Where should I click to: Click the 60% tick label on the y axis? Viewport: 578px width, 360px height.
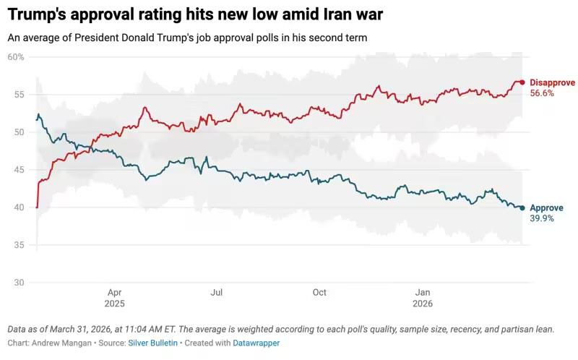(16, 57)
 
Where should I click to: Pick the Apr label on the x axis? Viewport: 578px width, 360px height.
(113, 293)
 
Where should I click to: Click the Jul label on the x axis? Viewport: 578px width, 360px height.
(216, 293)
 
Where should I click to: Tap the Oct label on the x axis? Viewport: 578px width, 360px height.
(319, 293)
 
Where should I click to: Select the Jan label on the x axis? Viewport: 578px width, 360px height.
(423, 293)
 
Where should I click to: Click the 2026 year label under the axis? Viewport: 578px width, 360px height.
(423, 304)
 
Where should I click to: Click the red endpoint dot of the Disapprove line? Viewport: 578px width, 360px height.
(522, 82)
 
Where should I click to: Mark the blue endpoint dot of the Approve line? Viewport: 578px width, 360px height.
(522, 207)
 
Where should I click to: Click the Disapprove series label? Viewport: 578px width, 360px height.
(553, 82)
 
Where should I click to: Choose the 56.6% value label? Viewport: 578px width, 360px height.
(542, 93)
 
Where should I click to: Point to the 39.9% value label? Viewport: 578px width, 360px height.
(542, 218)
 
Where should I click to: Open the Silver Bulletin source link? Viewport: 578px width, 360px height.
(153, 343)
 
